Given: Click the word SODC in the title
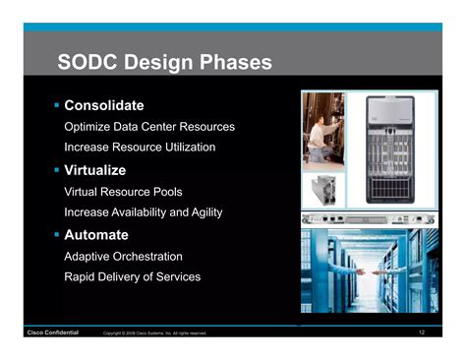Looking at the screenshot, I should (89, 64).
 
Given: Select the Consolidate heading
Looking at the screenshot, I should (104, 104).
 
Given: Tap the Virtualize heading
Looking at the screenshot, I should (95, 170).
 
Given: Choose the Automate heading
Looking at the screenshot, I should (96, 235).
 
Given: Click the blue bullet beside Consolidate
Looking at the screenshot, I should (57, 104).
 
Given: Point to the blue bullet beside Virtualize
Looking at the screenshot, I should (57, 170).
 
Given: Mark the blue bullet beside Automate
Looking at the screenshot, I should (57, 235).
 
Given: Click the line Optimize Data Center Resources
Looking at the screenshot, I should (148, 127).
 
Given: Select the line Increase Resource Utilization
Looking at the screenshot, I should (139, 147).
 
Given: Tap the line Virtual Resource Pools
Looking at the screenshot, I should (123, 192).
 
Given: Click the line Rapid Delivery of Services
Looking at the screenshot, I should (132, 276).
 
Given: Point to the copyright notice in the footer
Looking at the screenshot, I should (154, 333).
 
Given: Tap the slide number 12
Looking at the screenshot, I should (421, 332).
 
